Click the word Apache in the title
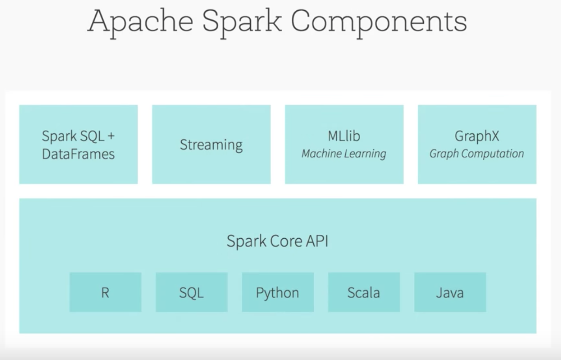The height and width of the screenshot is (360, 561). [140, 22]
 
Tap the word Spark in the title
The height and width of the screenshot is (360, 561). [241, 22]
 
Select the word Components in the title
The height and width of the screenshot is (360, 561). [378, 22]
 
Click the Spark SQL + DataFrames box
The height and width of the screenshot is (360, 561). [79, 144]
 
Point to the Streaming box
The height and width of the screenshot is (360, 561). [211, 144]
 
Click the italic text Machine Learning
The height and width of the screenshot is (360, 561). [344, 154]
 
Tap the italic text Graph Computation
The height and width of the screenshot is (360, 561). [477, 154]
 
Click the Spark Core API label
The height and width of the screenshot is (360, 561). [277, 241]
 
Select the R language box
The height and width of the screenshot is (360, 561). [105, 292]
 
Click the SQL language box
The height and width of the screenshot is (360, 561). [192, 292]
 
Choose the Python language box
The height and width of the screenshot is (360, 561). [277, 292]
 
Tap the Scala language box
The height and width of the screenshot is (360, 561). [364, 292]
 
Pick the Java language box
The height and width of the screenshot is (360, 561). [450, 292]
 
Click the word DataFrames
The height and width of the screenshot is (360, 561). [79, 154]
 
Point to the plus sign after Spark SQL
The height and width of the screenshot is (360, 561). [111, 136]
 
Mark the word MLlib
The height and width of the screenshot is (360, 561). [344, 136]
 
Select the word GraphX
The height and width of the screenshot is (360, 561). [477, 136]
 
